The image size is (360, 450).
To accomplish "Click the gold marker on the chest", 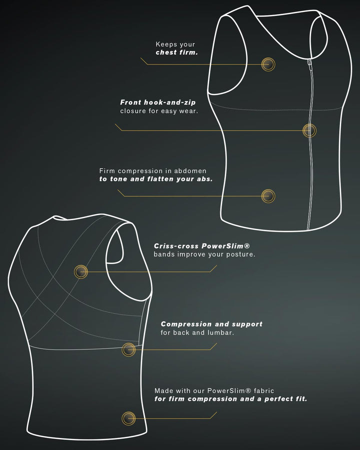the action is point(268,64).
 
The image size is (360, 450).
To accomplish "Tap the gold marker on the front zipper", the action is point(309,130).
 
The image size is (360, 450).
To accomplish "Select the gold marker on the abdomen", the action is point(268,196).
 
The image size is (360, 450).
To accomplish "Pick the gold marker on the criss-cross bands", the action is point(81,271).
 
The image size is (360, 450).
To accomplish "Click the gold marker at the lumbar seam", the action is point(128,349).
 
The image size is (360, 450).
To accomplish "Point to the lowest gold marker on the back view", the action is point(128,418).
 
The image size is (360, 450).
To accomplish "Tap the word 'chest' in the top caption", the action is point(166,52).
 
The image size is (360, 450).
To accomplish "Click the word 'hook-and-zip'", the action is point(169,102).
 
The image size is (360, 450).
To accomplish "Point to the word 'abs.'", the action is point(204,179).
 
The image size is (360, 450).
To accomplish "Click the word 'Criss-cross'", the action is point(176,246).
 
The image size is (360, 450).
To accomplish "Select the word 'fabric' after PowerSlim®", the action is point(264,390).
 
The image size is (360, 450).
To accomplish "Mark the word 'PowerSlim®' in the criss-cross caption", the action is point(225,246).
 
